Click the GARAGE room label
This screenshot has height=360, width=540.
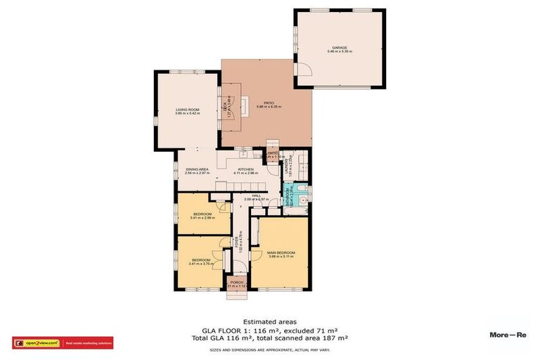coord(340,48)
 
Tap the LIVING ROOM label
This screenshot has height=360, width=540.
coord(188,109)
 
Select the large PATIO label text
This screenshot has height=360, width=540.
coord(269,103)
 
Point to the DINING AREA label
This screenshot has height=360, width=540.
coord(198,169)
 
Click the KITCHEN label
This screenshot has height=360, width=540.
coord(245,169)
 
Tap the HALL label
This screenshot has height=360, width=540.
coord(257,196)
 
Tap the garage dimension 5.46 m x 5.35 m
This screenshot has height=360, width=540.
coord(340,52)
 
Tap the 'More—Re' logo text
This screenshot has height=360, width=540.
coord(508,335)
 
